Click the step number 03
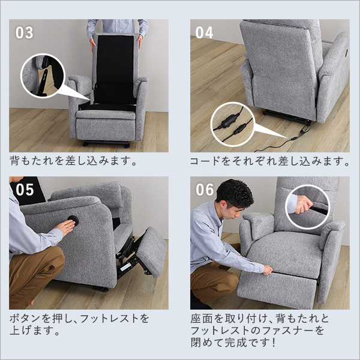[25, 32]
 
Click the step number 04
[204, 32]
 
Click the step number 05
[25, 190]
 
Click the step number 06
[205, 190]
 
